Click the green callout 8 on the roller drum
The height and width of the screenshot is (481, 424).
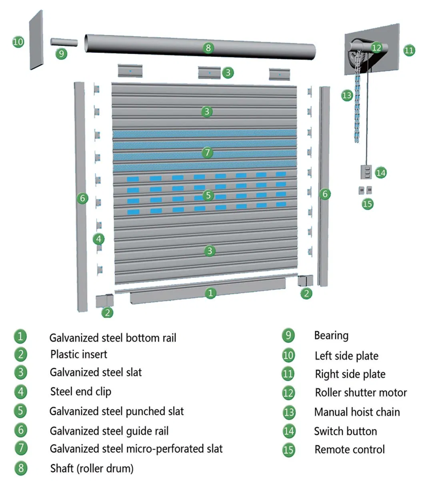208,48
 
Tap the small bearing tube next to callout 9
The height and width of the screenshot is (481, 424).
64,42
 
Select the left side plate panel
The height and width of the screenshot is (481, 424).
36,40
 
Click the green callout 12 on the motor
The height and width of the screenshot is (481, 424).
376,47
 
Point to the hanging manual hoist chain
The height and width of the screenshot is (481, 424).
357,108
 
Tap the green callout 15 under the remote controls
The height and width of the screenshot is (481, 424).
367,204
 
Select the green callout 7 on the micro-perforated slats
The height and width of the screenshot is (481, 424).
207,152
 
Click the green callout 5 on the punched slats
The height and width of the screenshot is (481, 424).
208,195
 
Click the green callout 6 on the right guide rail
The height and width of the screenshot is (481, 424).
325,194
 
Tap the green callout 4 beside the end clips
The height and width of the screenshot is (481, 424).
98,239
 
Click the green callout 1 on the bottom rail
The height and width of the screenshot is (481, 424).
210,293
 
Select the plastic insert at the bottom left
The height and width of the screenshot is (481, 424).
104,301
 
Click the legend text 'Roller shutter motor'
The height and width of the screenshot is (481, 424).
361,392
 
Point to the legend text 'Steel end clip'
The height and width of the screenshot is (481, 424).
80,391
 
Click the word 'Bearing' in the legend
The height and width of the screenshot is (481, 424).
331,335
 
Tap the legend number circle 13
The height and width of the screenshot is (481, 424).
288,412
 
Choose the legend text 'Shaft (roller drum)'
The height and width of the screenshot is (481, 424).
92,468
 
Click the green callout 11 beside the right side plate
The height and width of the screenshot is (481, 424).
409,51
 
